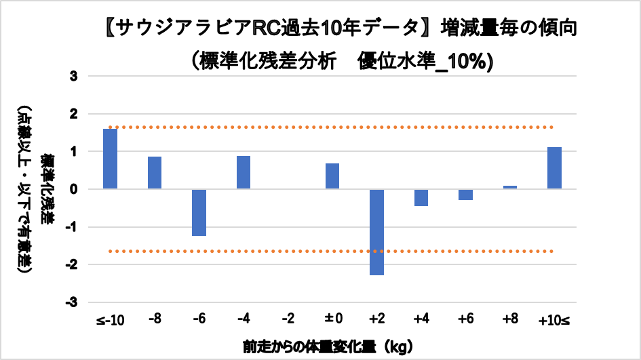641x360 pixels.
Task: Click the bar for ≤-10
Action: click(111, 159)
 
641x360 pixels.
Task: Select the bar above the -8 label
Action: click(155, 173)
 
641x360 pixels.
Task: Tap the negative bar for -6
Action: click(199, 212)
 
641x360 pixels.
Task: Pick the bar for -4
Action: click(244, 172)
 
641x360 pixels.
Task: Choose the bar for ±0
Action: click(332, 176)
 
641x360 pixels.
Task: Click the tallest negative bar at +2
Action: click(376, 232)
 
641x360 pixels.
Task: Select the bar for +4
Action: click(421, 197)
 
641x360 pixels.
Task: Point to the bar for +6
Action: click(465, 195)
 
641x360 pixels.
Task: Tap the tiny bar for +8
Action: click(510, 187)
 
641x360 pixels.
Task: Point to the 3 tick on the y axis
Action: click(74, 77)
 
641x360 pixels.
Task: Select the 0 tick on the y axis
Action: click(74, 190)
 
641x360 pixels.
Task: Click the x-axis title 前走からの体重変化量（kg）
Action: click(328, 346)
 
